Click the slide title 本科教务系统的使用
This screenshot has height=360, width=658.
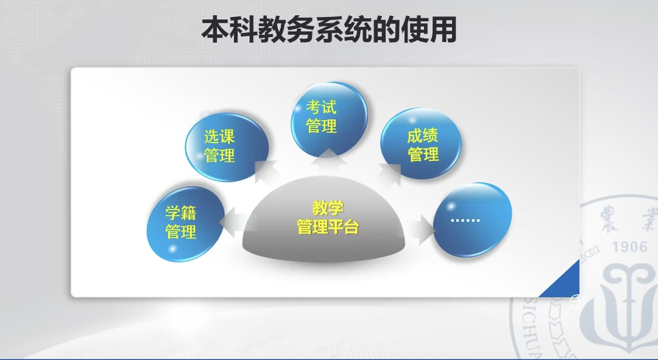tap(329, 30)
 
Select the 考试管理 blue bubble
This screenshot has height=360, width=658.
tap(329, 118)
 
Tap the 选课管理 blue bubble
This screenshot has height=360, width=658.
tap(227, 147)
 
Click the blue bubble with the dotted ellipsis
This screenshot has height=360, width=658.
tap(472, 220)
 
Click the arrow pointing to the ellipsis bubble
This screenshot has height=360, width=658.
tap(420, 230)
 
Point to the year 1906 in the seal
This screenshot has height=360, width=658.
tap(629, 246)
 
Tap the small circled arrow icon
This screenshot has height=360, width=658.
tap(577, 301)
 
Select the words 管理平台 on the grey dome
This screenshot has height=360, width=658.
tap(328, 227)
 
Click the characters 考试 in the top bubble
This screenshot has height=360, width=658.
tap(321, 107)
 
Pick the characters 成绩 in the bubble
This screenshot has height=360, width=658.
tap(423, 136)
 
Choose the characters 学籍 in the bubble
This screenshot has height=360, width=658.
tap(181, 213)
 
